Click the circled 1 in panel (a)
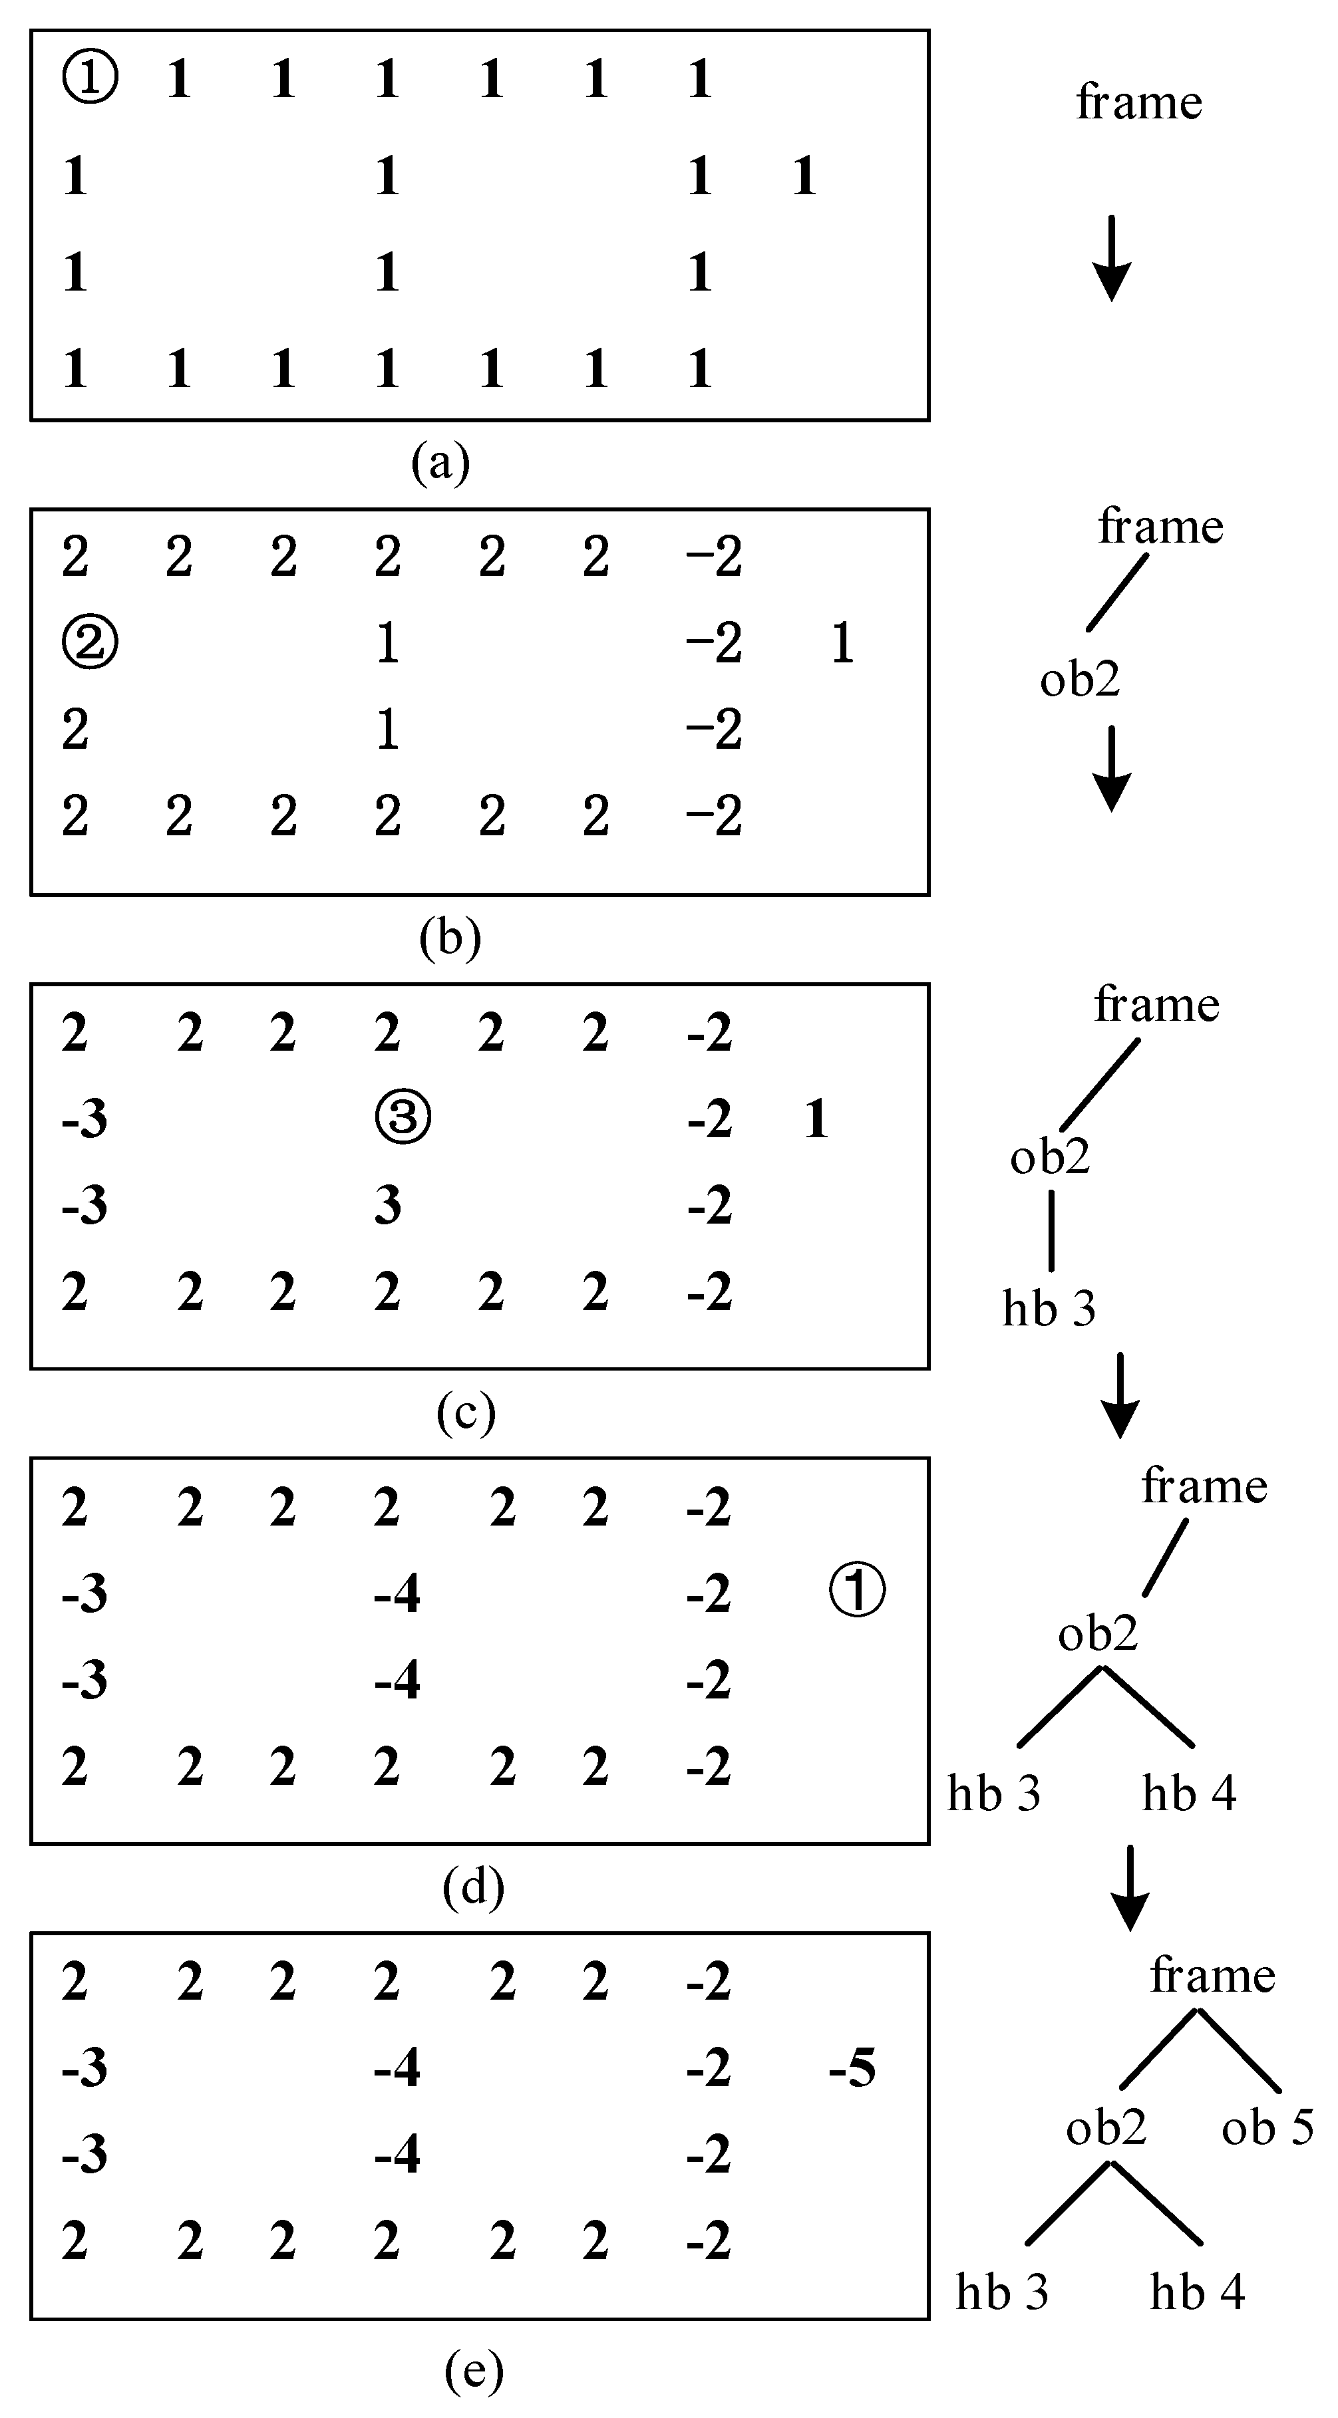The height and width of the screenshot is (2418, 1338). coord(90,78)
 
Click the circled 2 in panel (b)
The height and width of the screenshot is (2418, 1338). coord(90,644)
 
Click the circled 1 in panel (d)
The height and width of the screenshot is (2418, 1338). coord(857,1592)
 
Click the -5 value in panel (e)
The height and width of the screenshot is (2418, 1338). coord(852,2068)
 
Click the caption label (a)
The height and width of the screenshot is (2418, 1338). coord(440,463)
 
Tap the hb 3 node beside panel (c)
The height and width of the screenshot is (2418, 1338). coord(1049,1309)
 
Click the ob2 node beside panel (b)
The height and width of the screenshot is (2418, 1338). coord(1080,680)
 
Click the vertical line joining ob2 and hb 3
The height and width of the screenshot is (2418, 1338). coord(1051,1230)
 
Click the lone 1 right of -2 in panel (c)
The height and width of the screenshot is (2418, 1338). coord(816,1119)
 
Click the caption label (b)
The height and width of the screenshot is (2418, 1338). coord(450,938)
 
